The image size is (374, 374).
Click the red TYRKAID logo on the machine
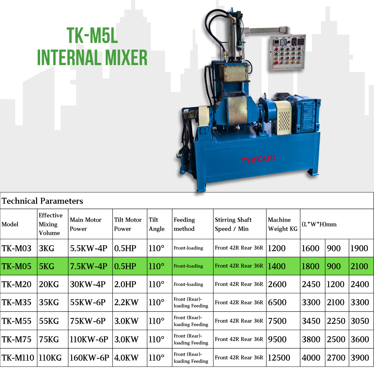click(x=258, y=159)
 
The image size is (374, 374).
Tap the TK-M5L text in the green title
click(x=92, y=35)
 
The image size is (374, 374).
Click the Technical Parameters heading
click(x=43, y=201)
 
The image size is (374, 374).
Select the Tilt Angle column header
click(x=157, y=224)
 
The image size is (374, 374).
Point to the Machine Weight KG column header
click(x=283, y=224)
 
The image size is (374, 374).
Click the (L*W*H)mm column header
click(x=319, y=224)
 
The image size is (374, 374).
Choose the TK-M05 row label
click(x=17, y=266)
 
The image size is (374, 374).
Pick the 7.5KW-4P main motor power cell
click(x=89, y=266)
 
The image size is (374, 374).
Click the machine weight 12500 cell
click(x=279, y=358)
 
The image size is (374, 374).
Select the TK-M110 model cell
click(x=18, y=358)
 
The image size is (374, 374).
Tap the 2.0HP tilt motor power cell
click(x=125, y=284)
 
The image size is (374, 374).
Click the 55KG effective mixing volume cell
click(x=49, y=321)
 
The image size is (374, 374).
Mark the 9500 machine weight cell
click(x=277, y=339)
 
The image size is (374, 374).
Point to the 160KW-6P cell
click(x=89, y=358)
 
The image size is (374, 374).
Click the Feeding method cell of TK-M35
click(x=191, y=302)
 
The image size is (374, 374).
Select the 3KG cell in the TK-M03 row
click(x=46, y=248)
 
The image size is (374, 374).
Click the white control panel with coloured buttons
click(x=288, y=52)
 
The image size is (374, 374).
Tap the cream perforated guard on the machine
click(x=283, y=118)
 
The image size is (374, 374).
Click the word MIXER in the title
click(x=126, y=57)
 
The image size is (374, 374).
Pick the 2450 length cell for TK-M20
click(x=311, y=284)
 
